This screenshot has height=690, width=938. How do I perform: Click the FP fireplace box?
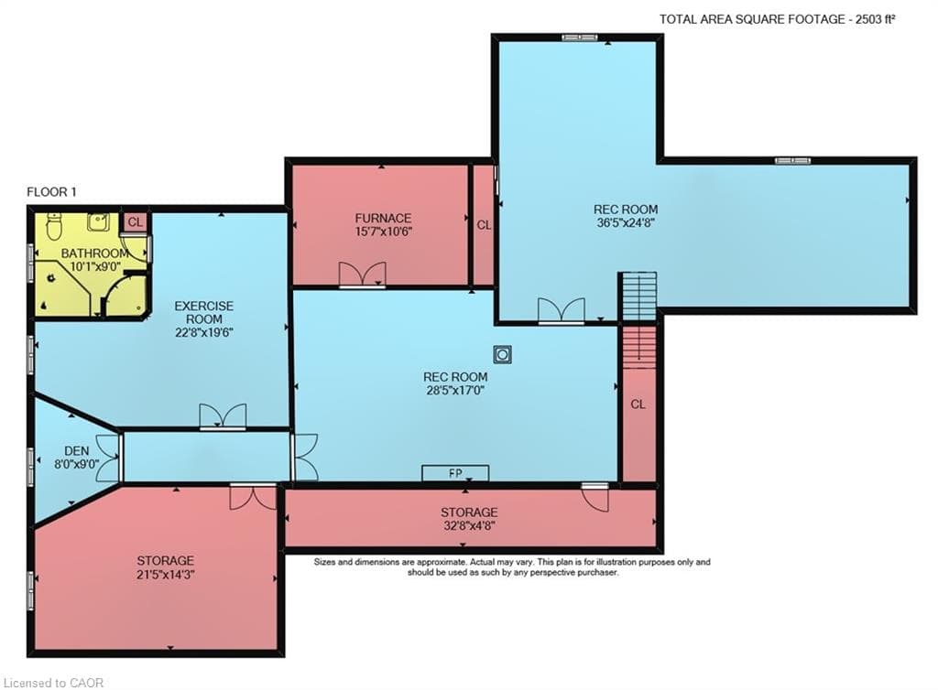455,472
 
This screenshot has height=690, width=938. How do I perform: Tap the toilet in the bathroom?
54,225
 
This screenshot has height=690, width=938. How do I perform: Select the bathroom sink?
97,221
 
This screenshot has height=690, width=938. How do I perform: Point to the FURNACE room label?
383,218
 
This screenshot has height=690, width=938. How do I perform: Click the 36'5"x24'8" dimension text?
625,222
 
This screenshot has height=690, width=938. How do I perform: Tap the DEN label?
77,451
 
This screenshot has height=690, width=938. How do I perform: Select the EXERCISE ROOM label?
204,312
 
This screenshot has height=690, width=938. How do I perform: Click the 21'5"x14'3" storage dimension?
166,574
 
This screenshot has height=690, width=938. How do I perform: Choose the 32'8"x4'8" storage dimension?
469,525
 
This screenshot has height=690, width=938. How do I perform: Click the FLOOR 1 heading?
51,192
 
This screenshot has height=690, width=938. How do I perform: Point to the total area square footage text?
777,19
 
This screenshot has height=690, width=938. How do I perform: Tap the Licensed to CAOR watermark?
53,683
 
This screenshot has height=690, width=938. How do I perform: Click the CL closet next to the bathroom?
136,222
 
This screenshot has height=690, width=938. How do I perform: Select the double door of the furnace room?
363,276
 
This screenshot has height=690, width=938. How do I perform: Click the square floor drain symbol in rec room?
503,354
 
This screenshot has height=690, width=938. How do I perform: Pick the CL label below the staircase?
638,404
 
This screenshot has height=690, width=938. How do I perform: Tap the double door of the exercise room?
223,417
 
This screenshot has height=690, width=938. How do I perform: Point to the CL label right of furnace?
484,225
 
